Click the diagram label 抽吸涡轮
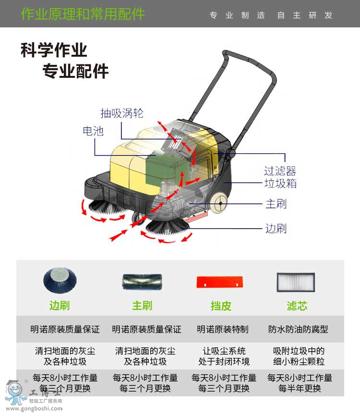click(x=121, y=113)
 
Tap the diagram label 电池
click(x=93, y=131)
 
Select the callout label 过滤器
click(x=280, y=171)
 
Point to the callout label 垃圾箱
click(x=280, y=184)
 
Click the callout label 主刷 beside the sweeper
click(x=276, y=204)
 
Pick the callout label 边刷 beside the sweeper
click(x=276, y=228)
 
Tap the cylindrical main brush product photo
click(x=142, y=282)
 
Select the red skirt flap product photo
click(x=220, y=283)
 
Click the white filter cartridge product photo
click(x=296, y=282)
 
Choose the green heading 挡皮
click(x=221, y=306)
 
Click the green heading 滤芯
click(x=297, y=306)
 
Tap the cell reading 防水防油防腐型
click(x=298, y=330)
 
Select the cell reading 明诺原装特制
click(x=223, y=330)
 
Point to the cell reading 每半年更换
click(x=300, y=388)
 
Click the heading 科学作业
click(x=54, y=50)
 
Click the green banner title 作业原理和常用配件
click(x=83, y=14)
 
